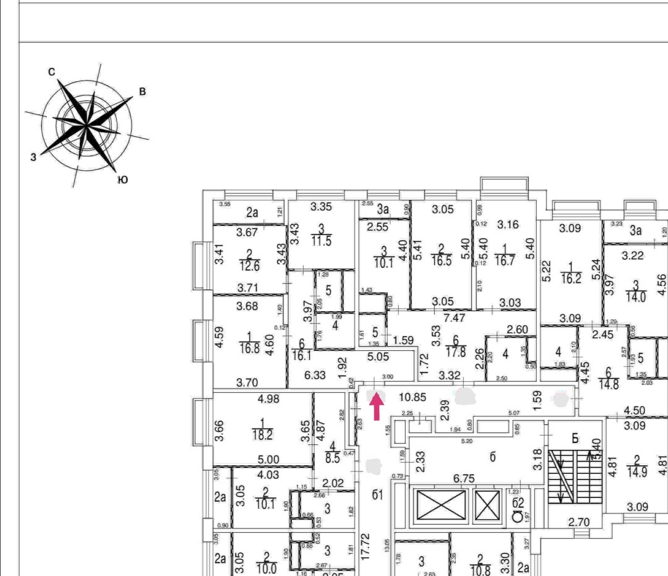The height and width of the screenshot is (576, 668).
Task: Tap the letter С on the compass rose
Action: coord(52,72)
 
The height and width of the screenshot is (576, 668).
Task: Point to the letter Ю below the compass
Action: coord(122,179)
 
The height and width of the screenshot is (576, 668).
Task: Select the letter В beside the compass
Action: coord(142,92)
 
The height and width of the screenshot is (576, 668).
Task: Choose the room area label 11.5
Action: coord(321,241)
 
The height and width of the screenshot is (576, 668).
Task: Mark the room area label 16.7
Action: coord(505,260)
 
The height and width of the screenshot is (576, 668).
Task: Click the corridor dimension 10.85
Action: coord(412,397)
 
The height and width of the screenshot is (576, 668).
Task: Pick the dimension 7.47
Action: coord(455,318)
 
